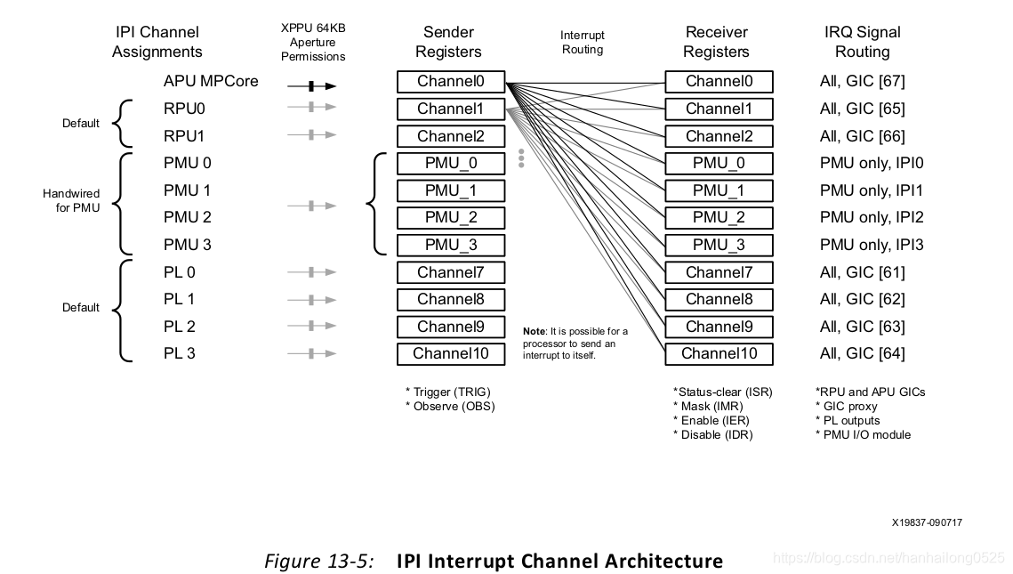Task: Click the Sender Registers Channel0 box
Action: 451,82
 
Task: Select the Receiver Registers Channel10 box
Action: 719,353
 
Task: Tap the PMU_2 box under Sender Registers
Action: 451,218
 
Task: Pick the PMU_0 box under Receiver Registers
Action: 719,164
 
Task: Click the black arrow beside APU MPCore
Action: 312,86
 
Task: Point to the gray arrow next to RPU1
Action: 312,135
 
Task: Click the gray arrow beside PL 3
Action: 312,353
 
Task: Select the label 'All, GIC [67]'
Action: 863,82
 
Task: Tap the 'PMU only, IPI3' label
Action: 872,245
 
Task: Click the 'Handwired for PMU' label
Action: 71,200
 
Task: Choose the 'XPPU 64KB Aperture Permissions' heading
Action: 313,42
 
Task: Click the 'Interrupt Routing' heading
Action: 583,42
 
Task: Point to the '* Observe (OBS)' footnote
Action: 450,407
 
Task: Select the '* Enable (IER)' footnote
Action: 712,421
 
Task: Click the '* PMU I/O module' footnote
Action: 863,435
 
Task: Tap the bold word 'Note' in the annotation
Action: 535,331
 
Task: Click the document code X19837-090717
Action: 927,522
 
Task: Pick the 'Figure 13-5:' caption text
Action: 319,561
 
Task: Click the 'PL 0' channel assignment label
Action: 179,273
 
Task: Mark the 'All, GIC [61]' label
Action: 863,273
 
